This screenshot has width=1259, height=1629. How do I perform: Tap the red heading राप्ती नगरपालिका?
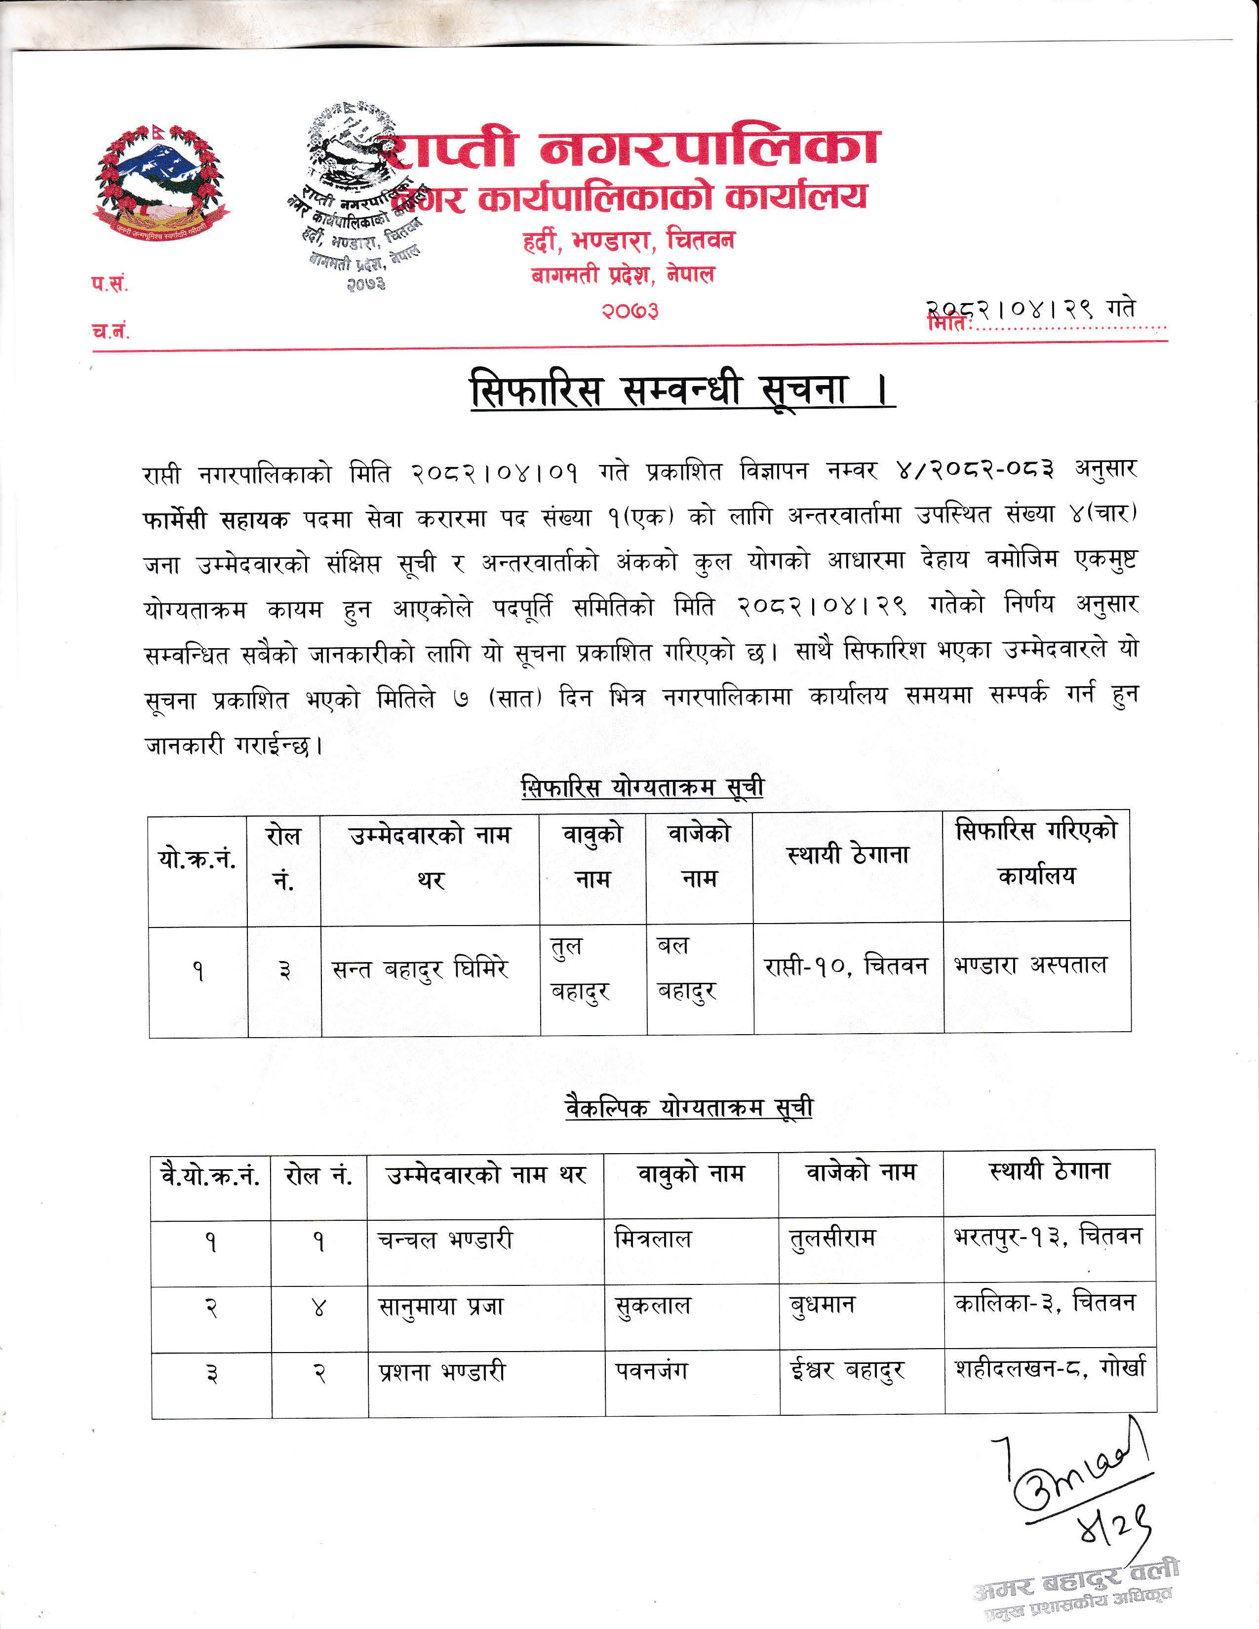click(x=634, y=147)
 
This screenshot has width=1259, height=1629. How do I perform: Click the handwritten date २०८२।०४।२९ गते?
click(x=1032, y=309)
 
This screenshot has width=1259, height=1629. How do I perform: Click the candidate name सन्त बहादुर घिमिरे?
click(x=420, y=969)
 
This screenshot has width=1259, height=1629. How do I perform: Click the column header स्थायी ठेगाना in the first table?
click(x=848, y=854)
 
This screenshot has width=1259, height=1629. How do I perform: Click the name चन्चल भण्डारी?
click(x=445, y=1240)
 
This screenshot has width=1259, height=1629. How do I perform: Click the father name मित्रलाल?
click(x=653, y=1240)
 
